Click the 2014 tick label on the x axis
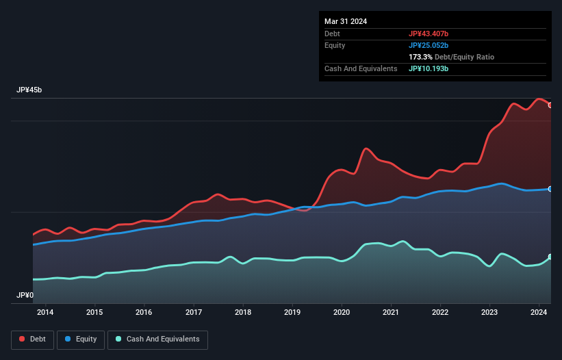tap(45, 312)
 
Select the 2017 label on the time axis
tap(194, 312)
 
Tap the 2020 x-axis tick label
tap(342, 312)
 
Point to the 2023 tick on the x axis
tap(490, 312)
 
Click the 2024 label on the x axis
tap(539, 312)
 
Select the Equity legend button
tap(81, 339)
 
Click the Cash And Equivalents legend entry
tap(158, 339)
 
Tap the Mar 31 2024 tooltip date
tap(346, 21)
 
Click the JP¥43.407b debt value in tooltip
tap(429, 34)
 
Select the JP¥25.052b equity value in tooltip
tap(429, 45)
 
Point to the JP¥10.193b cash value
tap(429, 68)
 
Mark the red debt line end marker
tap(550, 105)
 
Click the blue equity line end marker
tap(550, 189)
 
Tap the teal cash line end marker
tap(550, 257)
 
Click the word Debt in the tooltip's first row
tap(332, 34)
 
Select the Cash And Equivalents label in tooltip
tap(361, 68)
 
